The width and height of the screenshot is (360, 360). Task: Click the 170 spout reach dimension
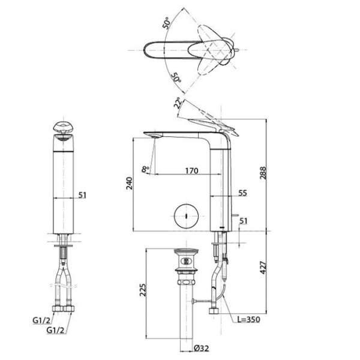click(x=191, y=170)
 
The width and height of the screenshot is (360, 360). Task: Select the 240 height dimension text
click(x=130, y=183)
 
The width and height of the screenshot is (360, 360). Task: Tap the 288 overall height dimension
click(x=263, y=173)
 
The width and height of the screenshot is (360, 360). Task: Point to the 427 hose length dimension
click(x=263, y=267)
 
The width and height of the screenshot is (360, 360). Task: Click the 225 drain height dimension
click(x=143, y=290)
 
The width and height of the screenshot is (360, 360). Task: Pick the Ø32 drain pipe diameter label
click(x=202, y=348)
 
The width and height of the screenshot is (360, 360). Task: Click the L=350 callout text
click(x=249, y=319)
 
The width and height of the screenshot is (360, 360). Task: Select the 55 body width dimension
click(x=242, y=193)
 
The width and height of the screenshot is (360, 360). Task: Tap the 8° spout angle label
click(x=145, y=169)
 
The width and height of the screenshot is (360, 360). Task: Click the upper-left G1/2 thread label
click(x=41, y=320)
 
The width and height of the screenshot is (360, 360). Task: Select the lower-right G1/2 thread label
click(x=55, y=330)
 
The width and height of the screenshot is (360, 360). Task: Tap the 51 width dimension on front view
click(x=82, y=195)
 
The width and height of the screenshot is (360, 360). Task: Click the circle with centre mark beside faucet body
click(x=186, y=216)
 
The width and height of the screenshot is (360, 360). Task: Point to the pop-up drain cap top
click(x=186, y=251)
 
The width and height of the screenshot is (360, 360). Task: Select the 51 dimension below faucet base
click(x=243, y=221)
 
